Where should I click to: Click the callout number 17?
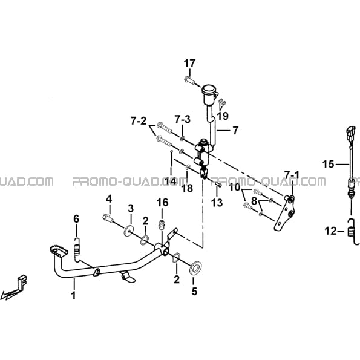189,63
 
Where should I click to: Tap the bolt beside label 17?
189,80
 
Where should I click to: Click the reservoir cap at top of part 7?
209,89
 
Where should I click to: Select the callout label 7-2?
139,121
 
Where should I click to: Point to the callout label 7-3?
183,119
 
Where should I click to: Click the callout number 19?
223,116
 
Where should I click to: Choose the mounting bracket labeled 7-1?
286,212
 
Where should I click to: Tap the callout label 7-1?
292,175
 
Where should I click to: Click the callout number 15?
328,164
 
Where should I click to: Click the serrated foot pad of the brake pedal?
59,250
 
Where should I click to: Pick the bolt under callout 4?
108,218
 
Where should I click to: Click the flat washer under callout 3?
129,231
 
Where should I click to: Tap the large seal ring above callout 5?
195,267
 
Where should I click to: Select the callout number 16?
163,203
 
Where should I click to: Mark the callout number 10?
234,188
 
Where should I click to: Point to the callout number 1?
74,295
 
